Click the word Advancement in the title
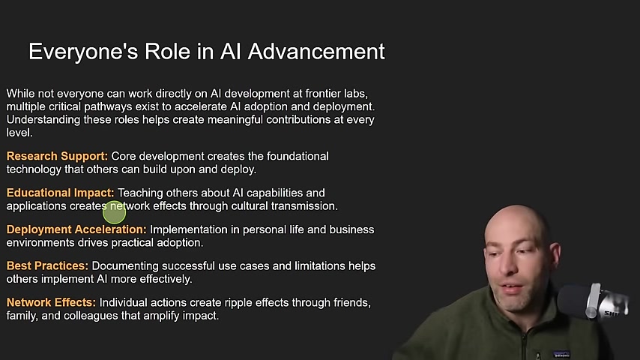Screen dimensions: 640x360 click(x=316, y=52)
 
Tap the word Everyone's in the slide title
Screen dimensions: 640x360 click(x=83, y=52)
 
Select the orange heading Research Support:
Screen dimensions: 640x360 click(x=57, y=157)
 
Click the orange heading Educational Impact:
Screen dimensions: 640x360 click(x=61, y=193)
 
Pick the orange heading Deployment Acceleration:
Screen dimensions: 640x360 click(x=76, y=229)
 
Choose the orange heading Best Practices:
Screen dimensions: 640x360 click(x=47, y=266)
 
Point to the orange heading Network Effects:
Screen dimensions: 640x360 click(x=51, y=302)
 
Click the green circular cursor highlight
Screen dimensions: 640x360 click(x=114, y=212)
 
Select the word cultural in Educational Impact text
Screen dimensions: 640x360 click(x=250, y=206)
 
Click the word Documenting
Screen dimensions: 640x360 click(x=125, y=266)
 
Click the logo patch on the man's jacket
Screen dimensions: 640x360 click(x=561, y=355)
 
